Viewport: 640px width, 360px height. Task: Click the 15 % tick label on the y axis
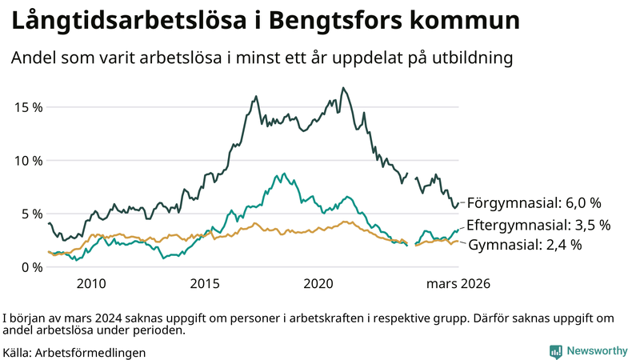point(26,107)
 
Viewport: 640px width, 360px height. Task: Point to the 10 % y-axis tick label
point(26,160)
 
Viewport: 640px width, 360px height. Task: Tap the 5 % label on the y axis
point(30,214)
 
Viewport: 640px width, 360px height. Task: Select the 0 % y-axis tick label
point(30,267)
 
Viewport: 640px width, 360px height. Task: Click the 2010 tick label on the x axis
point(90,284)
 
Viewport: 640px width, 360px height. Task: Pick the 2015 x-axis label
point(205,284)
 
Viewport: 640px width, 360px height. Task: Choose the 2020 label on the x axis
point(318,284)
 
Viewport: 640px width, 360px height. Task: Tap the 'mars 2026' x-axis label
point(458,284)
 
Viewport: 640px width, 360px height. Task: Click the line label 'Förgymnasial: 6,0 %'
point(534,202)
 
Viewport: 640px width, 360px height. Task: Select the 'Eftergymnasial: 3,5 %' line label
point(538,224)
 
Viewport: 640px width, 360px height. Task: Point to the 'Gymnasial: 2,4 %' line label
point(525,245)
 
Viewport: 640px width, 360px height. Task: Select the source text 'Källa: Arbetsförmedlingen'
point(74,351)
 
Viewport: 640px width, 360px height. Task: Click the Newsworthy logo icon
point(555,351)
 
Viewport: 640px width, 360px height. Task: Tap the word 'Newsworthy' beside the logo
point(597,351)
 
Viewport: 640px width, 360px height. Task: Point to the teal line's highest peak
point(281,173)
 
